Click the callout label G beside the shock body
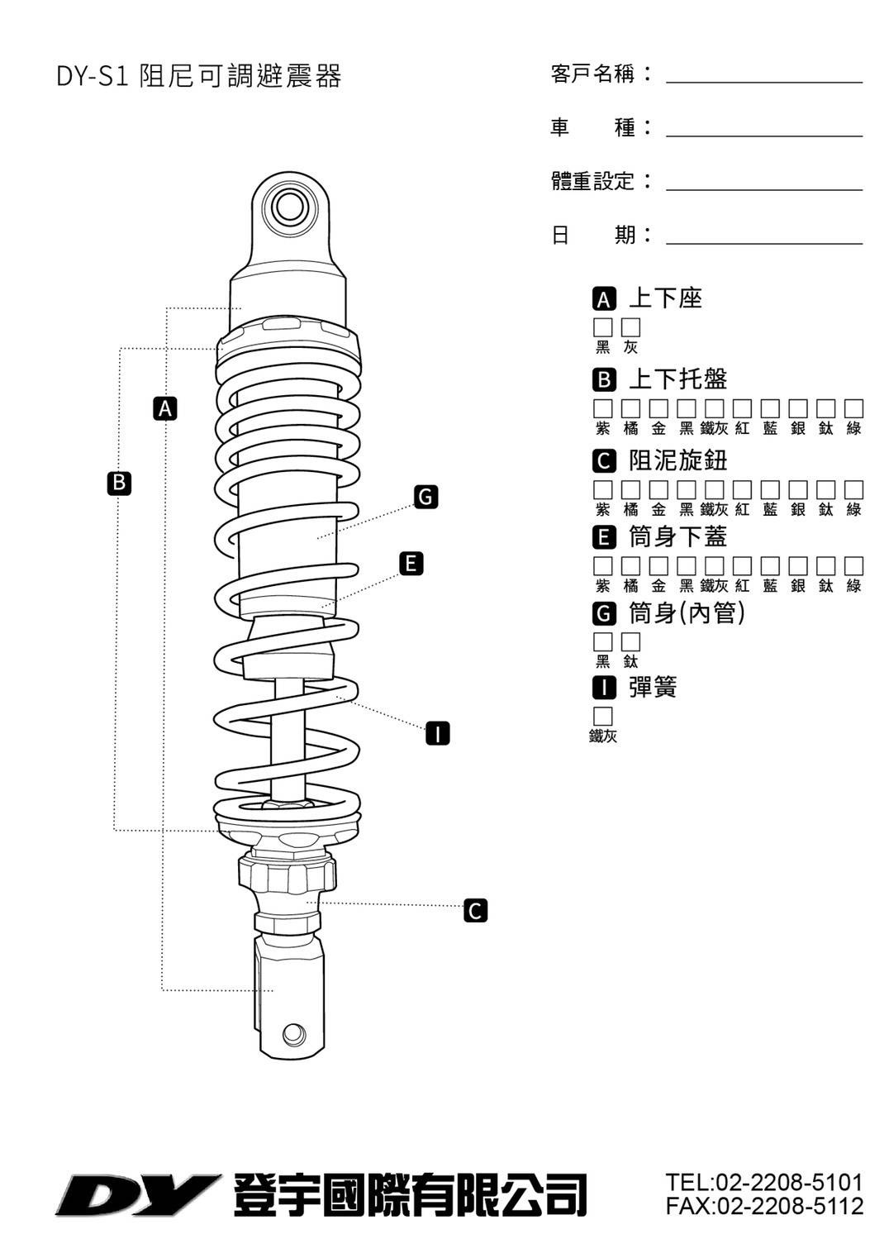click(425, 497)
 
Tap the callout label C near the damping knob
click(475, 910)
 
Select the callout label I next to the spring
click(437, 733)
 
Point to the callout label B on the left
click(120, 483)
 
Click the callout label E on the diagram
click(411, 564)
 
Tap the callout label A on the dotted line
click(166, 408)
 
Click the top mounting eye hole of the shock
click(289, 205)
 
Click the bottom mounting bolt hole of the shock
click(292, 1033)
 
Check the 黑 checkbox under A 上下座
click(603, 327)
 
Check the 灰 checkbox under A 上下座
click(631, 327)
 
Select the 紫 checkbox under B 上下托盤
click(603, 408)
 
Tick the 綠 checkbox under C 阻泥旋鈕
click(854, 489)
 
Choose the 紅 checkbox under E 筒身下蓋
click(743, 566)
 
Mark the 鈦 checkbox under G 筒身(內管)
click(631, 641)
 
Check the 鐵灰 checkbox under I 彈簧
click(603, 716)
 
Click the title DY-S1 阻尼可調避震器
click(198, 76)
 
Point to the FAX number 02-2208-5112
click(764, 1207)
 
